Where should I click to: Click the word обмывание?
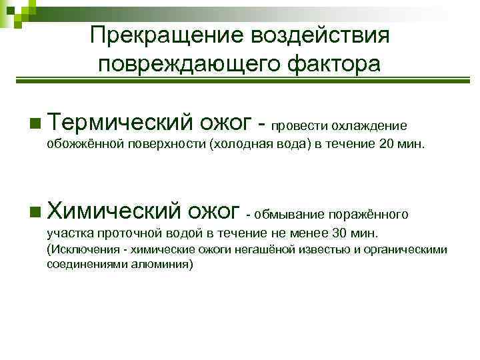(x=288, y=215)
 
